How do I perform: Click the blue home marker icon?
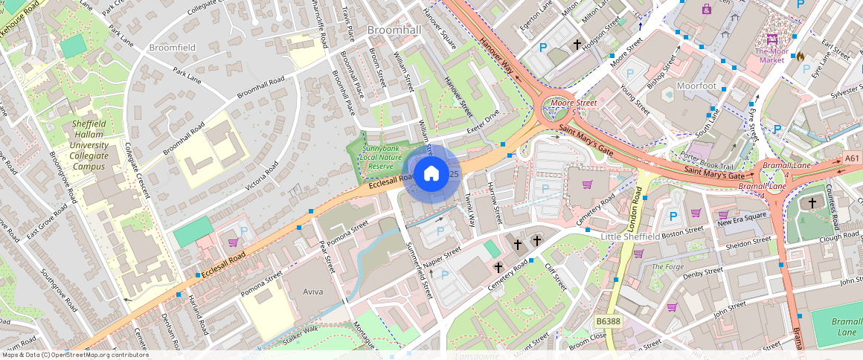[x=431, y=174]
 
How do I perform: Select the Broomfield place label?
[x=172, y=48]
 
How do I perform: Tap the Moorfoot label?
[x=696, y=86]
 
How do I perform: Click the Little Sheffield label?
[x=630, y=237]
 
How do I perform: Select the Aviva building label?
[x=312, y=292]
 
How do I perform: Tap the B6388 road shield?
[x=608, y=321]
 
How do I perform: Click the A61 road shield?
[x=853, y=158]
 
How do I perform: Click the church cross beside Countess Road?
[x=812, y=202]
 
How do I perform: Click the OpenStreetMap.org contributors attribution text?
[x=96, y=355]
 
